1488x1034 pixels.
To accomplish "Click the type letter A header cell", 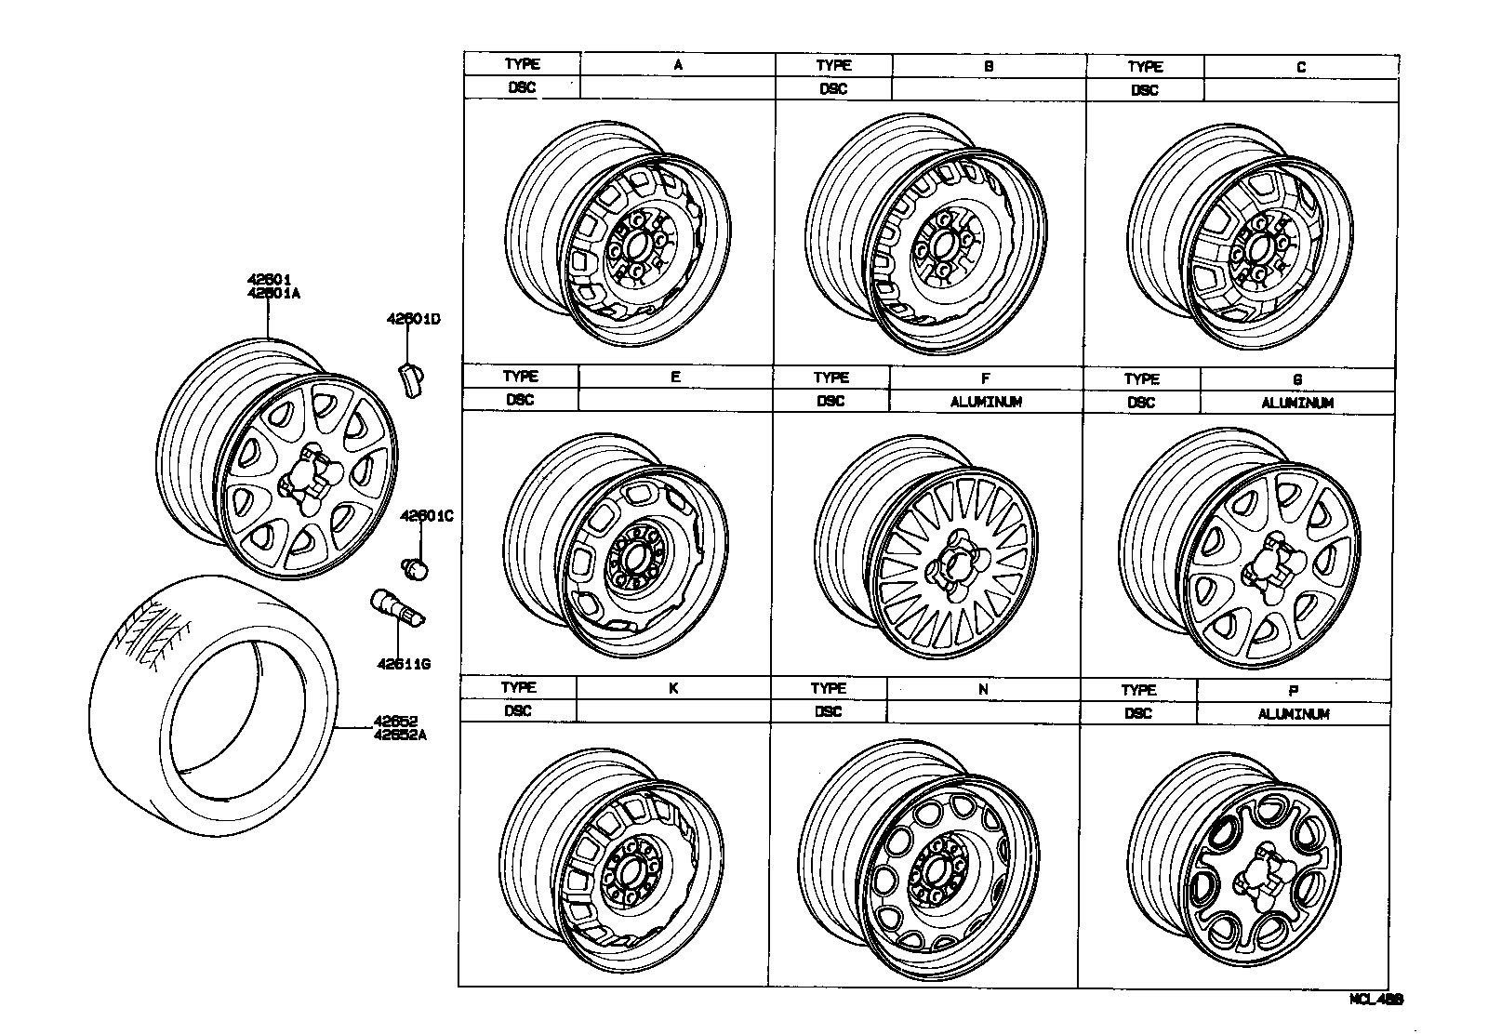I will [x=678, y=64].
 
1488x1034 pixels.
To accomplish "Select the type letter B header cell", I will [x=989, y=66].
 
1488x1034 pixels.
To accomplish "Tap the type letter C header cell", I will [x=1300, y=67].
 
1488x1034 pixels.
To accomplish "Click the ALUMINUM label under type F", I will [x=986, y=402].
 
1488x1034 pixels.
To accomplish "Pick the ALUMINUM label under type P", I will [x=1294, y=714].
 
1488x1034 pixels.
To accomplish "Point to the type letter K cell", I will [x=673, y=689].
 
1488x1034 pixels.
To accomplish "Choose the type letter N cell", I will [x=983, y=690].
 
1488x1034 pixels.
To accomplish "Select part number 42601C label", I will [x=426, y=515].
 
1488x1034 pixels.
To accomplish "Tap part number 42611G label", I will [x=404, y=664].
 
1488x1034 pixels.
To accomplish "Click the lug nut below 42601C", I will [x=415, y=567].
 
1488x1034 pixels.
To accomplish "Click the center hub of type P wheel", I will [x=1263, y=874].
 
